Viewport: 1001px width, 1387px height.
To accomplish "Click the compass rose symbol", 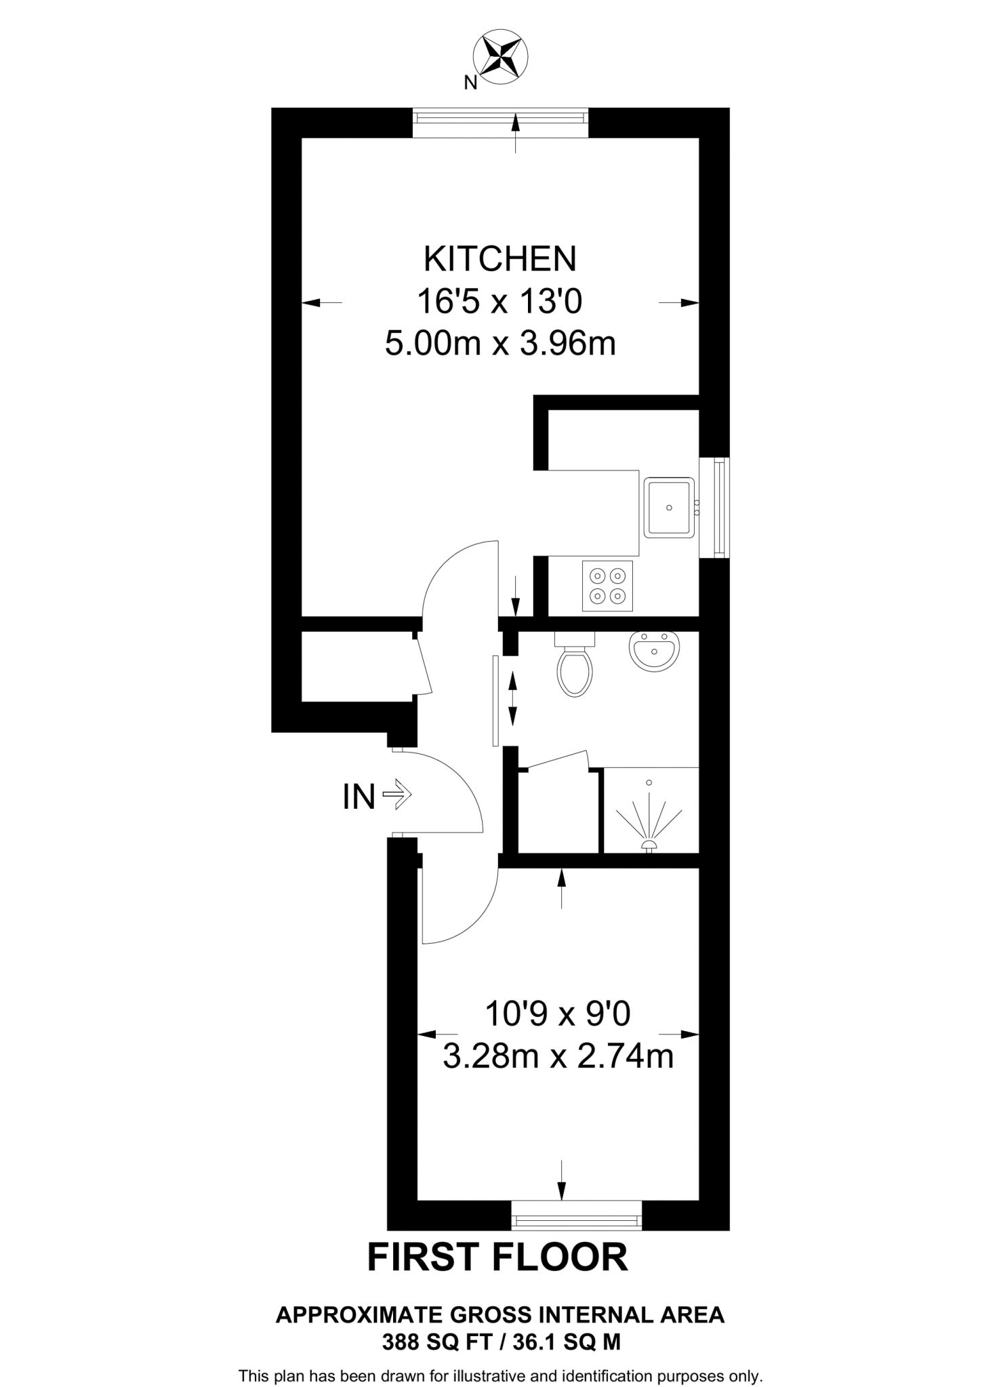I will click(502, 58).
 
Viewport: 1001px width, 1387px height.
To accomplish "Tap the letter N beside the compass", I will click(470, 83).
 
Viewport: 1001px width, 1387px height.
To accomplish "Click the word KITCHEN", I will click(500, 259).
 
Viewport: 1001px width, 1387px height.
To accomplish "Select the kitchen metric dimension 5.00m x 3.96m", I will click(500, 344).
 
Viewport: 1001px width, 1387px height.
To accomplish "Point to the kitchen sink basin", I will click(669, 507).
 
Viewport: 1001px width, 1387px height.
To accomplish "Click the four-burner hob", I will click(607, 586).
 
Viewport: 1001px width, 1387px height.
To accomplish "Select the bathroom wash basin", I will click(654, 651).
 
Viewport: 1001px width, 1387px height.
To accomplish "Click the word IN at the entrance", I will click(359, 797).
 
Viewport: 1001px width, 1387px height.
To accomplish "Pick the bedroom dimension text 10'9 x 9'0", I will click(558, 1014).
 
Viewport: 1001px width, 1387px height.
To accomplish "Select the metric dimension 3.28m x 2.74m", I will click(558, 1056).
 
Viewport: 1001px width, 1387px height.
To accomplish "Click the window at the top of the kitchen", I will click(500, 118).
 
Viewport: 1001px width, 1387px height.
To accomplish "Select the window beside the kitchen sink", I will click(722, 507).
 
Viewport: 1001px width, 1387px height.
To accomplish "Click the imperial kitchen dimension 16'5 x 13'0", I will click(500, 302).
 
